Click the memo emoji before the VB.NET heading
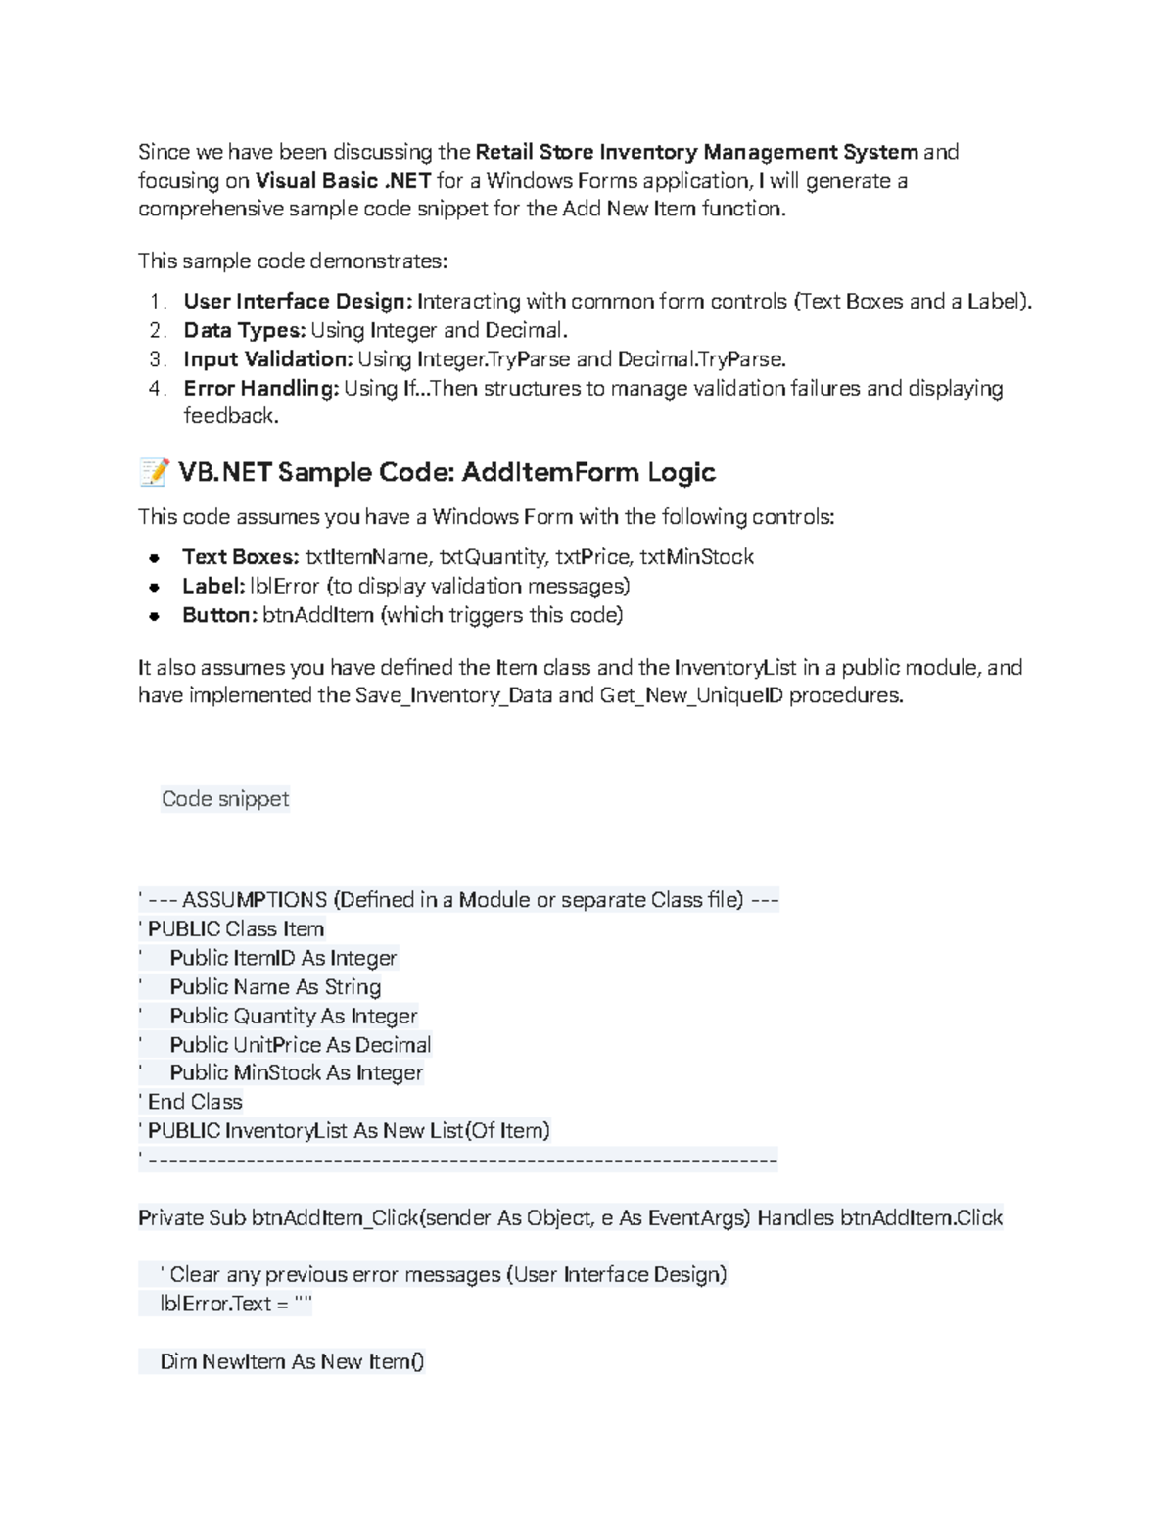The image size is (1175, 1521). click(x=154, y=473)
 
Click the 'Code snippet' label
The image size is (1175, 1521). click(x=225, y=799)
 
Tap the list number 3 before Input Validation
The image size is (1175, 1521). click(x=156, y=359)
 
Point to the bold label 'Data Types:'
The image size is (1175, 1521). click(x=245, y=330)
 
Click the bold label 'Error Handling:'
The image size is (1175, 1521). click(x=261, y=389)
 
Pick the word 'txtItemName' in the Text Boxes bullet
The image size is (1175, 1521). click(x=366, y=557)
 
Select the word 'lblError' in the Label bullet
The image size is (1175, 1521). click(x=284, y=587)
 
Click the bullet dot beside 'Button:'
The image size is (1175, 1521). click(x=154, y=616)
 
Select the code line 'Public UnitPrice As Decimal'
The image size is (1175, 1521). click(x=300, y=1045)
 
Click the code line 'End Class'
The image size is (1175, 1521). click(x=194, y=1102)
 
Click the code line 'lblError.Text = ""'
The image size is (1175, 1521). click(x=236, y=1305)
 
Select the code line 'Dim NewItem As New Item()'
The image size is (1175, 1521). click(x=292, y=1362)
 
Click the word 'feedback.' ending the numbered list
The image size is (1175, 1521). click(x=231, y=416)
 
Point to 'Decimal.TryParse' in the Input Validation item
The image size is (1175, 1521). click(x=701, y=359)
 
